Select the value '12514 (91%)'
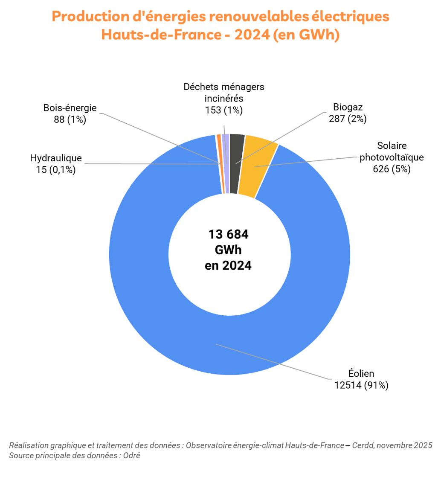coord(361,385)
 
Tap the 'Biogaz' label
coord(348,107)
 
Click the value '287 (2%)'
coord(348,119)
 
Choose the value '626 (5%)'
coord(392,169)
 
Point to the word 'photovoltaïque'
coord(392,157)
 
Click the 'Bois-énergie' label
coord(70,108)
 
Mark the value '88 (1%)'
coord(70,119)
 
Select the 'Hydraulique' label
coord(56,158)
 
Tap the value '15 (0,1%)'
coord(56,170)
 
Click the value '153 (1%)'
coord(224,110)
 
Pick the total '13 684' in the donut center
coord(228,234)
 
